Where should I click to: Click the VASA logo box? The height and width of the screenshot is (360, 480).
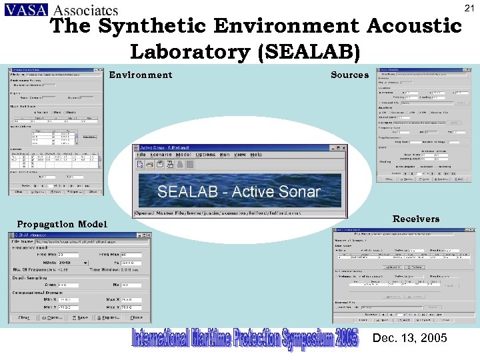pos(25,9)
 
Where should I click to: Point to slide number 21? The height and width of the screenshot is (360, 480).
pos(469,8)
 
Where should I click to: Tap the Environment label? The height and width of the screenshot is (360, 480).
pos(140,75)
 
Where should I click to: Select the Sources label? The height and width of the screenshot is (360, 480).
pos(349,75)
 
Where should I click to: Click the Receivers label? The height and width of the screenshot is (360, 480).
pos(416,219)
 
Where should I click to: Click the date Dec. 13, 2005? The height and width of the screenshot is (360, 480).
pos(410,339)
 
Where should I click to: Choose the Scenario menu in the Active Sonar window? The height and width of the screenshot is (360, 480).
pos(161,155)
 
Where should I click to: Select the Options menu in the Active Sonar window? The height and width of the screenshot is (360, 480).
pos(206,155)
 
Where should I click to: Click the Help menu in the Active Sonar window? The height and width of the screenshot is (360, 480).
pos(256,155)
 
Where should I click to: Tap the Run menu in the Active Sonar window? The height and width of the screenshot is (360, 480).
pos(225,155)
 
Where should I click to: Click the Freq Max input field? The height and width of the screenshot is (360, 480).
pos(131,255)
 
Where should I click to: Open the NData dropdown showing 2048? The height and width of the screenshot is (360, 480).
pos(73,263)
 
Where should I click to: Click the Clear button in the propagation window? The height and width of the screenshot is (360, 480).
pos(23,318)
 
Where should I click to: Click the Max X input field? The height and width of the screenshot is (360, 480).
pos(131,300)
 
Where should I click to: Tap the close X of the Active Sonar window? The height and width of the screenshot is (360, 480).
pos(343,147)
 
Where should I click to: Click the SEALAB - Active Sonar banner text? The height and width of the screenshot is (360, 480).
pos(239,192)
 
